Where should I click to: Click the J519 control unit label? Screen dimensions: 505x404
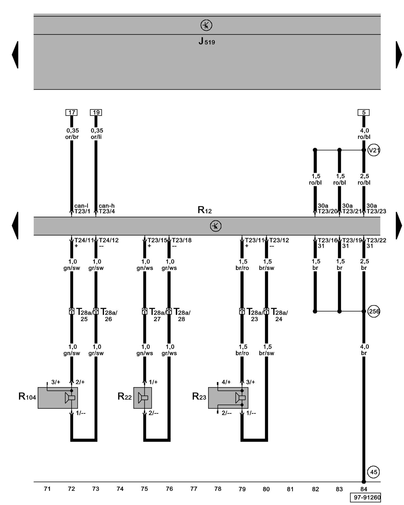coord(207,41)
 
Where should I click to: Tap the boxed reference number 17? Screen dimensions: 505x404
coord(71,112)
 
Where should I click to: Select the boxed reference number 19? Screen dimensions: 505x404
coord(96,112)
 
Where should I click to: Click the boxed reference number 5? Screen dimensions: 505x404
coord(364,112)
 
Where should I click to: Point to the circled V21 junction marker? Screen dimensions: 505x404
coord(374,150)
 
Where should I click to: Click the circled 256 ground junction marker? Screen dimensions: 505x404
coord(374,311)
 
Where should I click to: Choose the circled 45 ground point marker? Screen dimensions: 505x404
coord(374,472)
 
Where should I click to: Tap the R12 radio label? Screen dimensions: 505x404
coord(205,210)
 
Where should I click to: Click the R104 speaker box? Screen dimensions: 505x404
coord(58,398)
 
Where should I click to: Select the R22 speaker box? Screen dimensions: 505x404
coord(143,398)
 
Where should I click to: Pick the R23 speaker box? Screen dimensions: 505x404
coord(228,398)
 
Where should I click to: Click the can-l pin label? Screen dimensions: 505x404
coord(81,206)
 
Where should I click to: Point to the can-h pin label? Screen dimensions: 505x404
coord(107,206)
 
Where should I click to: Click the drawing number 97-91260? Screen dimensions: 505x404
coord(365,497)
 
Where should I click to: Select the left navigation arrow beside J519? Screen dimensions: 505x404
coord(15,55)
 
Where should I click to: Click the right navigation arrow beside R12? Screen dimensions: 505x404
coord(399,225)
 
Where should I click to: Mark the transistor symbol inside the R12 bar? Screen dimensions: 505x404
coord(216,226)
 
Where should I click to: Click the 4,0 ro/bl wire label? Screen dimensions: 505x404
coord(364,134)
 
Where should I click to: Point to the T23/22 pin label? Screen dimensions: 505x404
coord(376,240)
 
